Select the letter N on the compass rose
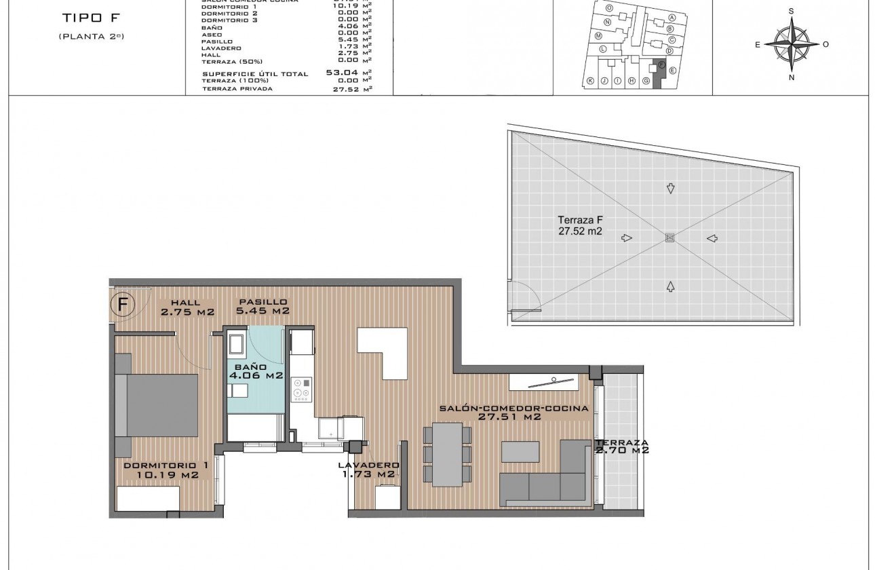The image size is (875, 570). [792, 78]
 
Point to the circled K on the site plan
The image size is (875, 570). [590, 81]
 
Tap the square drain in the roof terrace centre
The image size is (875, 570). [669, 237]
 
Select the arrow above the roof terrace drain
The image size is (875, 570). [670, 189]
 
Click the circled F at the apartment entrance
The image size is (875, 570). [122, 303]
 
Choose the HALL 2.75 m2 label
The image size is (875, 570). [188, 307]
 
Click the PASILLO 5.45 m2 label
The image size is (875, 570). [262, 307]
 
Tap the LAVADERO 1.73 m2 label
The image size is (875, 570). [369, 470]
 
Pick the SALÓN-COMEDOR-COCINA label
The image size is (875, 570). [513, 413]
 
